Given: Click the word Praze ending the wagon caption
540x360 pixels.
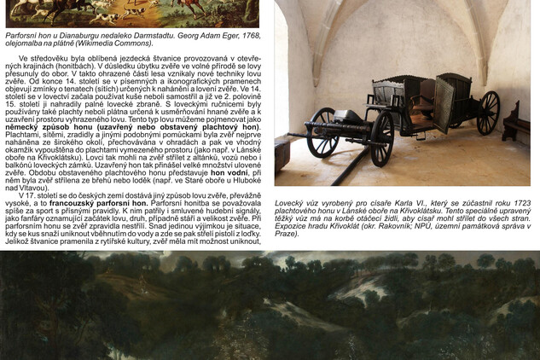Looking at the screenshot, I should (287, 233).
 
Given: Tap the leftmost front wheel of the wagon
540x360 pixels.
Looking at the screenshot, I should (322, 133).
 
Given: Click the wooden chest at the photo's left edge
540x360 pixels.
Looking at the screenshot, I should (281, 154).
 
